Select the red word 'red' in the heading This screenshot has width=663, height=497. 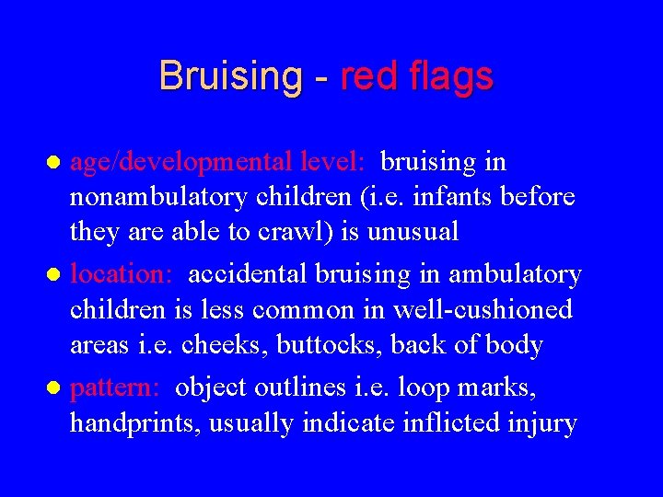click(x=366, y=75)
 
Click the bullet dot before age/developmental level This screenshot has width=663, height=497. click(x=55, y=163)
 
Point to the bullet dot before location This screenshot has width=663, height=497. click(x=55, y=275)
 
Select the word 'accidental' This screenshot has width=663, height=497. click(x=248, y=274)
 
